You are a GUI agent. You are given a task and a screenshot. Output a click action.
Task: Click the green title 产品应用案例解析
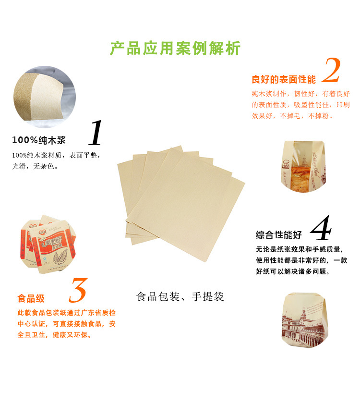(x=175, y=49)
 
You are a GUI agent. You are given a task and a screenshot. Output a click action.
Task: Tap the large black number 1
(x=96, y=133)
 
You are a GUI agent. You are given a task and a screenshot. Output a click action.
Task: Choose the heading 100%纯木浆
(x=39, y=140)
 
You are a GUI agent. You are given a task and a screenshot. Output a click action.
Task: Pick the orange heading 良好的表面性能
(x=284, y=79)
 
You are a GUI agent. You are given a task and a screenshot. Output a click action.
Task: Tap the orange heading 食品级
(x=31, y=298)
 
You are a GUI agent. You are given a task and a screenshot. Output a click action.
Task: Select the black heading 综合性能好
(x=279, y=235)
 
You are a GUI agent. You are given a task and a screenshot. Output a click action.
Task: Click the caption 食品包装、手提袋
(x=180, y=296)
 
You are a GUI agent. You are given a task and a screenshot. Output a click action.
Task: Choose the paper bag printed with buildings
(x=304, y=320)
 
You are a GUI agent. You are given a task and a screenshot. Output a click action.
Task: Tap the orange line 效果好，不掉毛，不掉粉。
(x=293, y=116)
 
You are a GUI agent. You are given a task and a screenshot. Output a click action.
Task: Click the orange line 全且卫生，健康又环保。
(x=55, y=335)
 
